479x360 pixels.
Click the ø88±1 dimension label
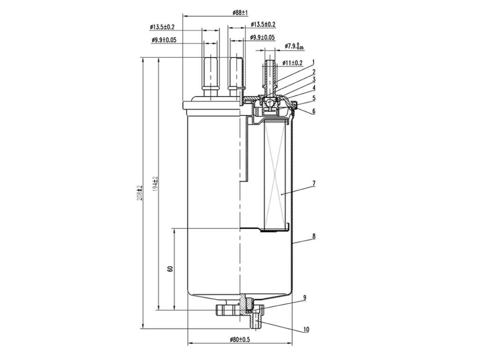[x=240, y=13]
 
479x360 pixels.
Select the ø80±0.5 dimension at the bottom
[x=240, y=339]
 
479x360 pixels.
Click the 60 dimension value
[x=170, y=269]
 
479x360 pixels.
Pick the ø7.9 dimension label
[x=294, y=46]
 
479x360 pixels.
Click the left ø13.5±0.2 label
[x=162, y=27]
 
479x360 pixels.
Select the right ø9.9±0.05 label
[x=262, y=37]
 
